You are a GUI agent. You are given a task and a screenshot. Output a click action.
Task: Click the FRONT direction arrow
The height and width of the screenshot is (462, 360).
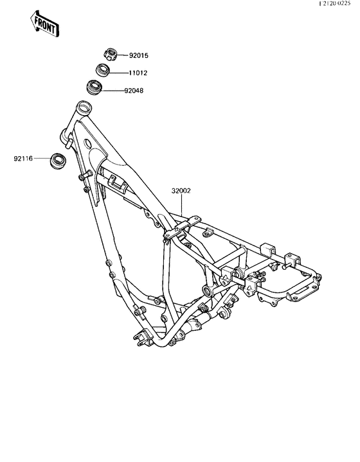(x=45, y=24)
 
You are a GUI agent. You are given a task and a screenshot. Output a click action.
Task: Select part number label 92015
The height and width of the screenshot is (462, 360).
(x=139, y=55)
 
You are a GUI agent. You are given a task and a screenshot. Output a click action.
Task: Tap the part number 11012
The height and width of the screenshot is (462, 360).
(x=138, y=73)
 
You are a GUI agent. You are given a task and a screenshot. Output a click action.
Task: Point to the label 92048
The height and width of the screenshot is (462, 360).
(x=134, y=91)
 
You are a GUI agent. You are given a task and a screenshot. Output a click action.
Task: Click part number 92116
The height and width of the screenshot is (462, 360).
(x=23, y=159)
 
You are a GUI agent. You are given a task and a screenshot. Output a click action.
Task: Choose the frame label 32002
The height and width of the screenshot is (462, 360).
(x=181, y=191)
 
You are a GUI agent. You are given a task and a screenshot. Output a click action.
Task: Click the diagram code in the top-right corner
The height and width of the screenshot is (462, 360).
(x=335, y=3)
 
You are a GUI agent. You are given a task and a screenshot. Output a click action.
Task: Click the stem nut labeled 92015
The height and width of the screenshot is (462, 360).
(x=111, y=54)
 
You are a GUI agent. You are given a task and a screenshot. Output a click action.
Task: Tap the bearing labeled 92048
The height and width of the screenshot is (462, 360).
(x=94, y=87)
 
